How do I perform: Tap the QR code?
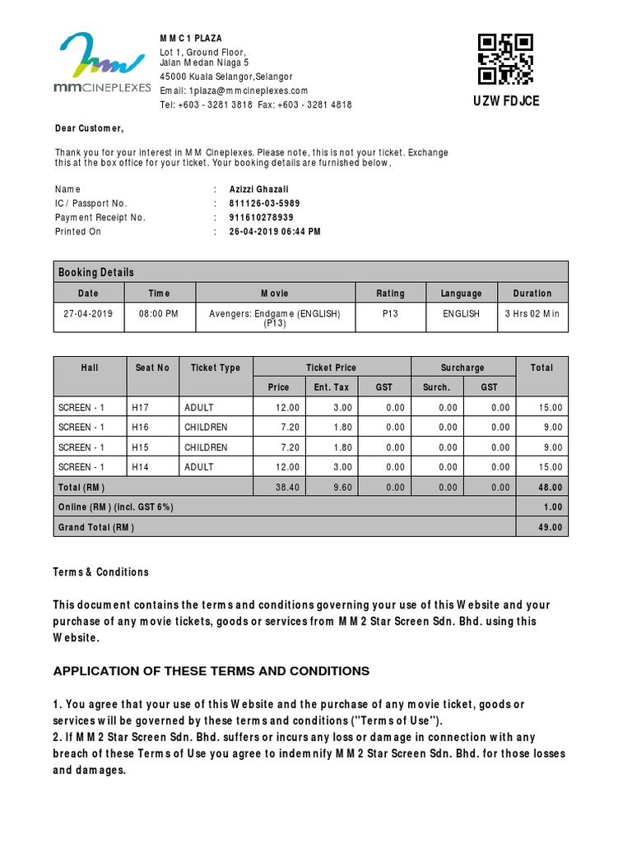(x=505, y=58)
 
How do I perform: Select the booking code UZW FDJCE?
(x=505, y=101)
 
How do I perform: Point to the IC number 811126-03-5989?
(x=264, y=203)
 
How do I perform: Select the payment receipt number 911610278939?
(x=261, y=217)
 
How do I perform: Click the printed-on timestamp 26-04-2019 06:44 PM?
(x=275, y=232)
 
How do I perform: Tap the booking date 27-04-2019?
(x=88, y=314)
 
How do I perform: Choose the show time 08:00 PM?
(x=160, y=314)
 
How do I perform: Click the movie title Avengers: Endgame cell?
(x=275, y=318)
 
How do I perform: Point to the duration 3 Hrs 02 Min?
(x=532, y=314)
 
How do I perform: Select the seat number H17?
(x=142, y=407)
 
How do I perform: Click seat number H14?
(x=142, y=466)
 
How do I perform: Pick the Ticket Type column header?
(x=216, y=368)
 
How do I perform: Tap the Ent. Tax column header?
(x=332, y=386)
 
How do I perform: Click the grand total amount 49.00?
(x=551, y=527)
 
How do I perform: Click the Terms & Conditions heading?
(x=101, y=571)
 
